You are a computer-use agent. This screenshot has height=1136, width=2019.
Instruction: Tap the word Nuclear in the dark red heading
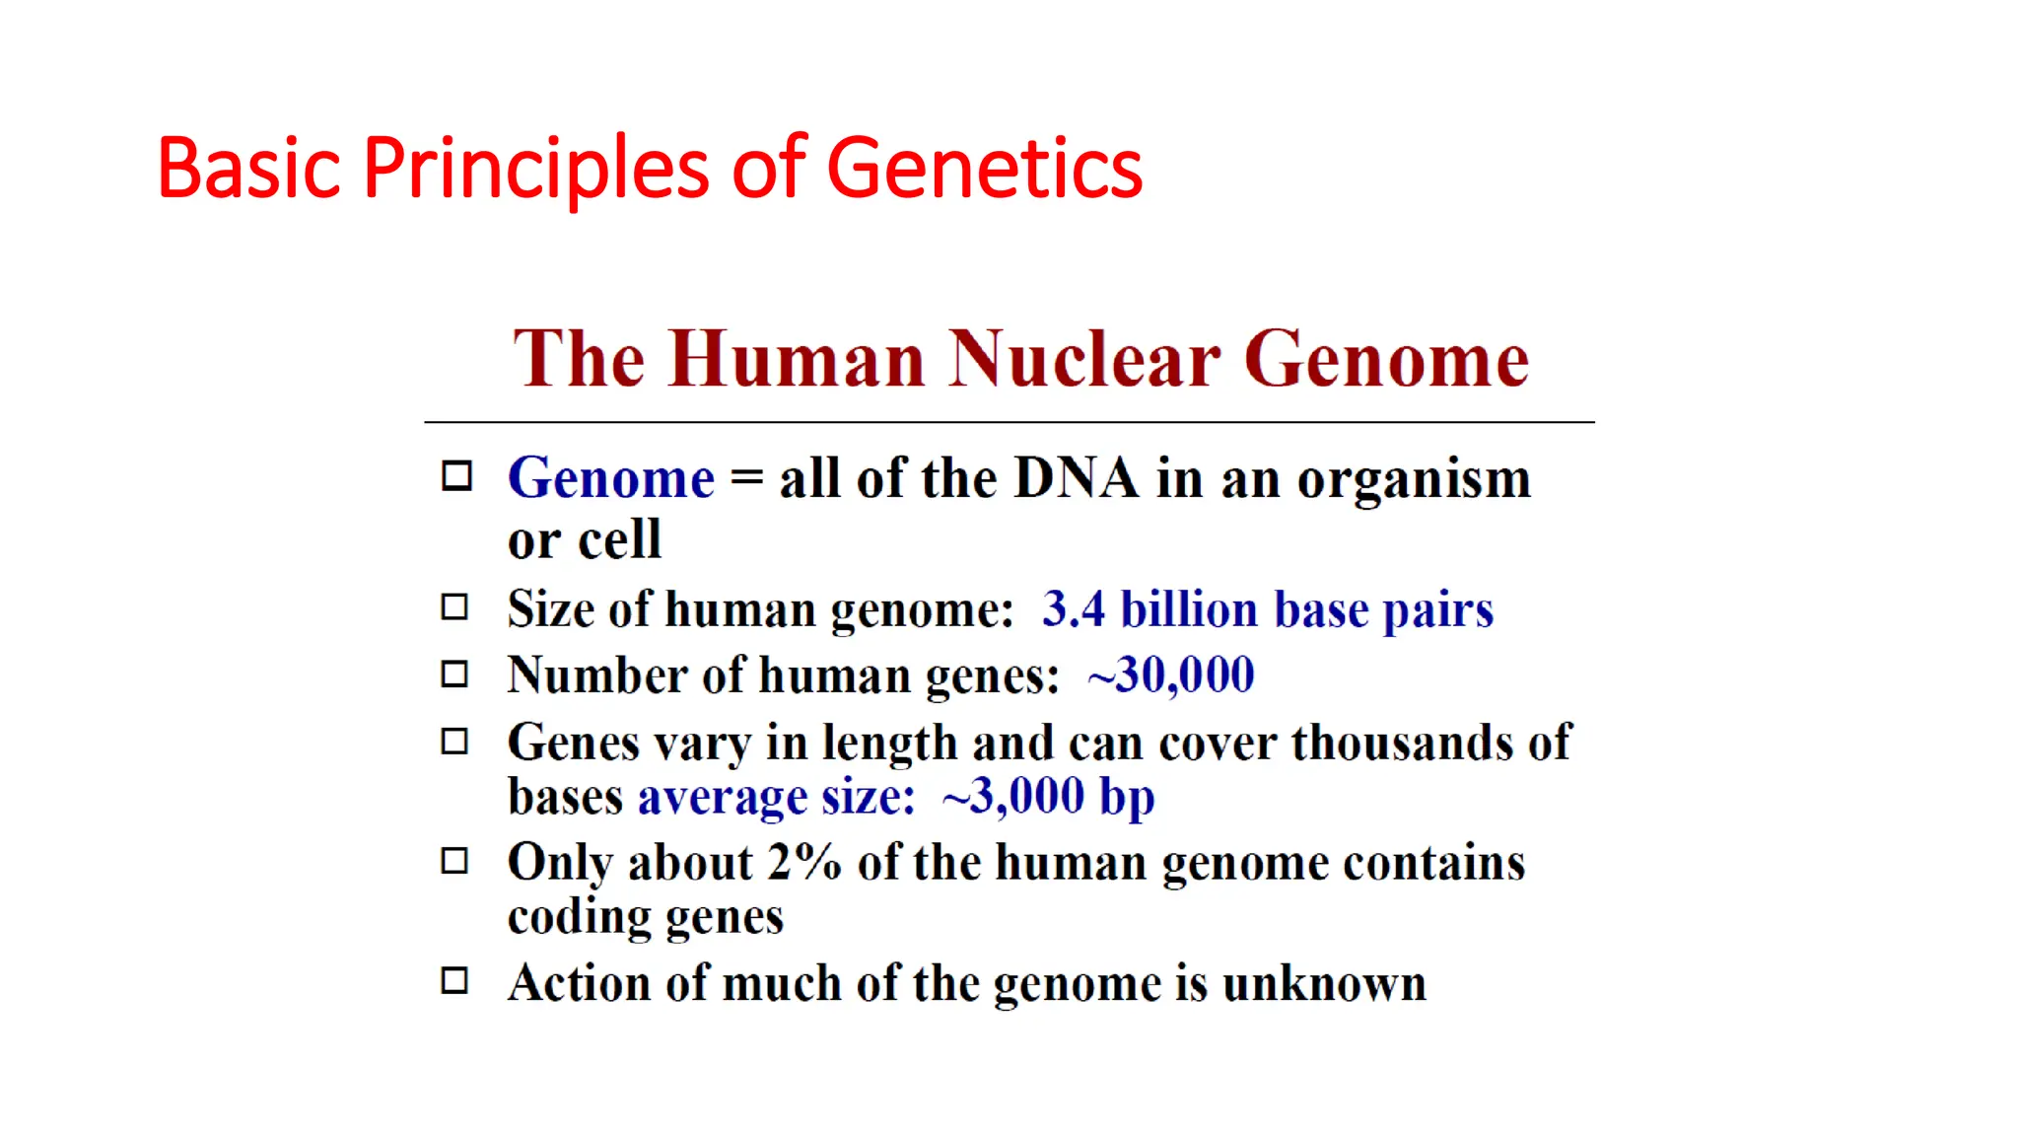click(x=1084, y=359)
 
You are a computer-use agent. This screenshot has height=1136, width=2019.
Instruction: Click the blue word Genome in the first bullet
click(x=610, y=479)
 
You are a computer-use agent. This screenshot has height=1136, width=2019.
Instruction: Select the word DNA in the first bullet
click(x=1076, y=479)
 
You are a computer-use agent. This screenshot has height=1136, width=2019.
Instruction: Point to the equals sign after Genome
click(x=746, y=479)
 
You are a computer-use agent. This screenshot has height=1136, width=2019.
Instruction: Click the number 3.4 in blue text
click(x=1073, y=609)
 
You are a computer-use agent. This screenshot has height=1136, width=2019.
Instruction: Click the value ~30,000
click(x=1170, y=676)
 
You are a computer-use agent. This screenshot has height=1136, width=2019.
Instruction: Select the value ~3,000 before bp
click(x=1012, y=797)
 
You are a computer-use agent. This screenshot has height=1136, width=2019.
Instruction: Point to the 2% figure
click(x=803, y=863)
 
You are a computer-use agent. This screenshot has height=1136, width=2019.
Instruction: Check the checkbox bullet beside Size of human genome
click(x=454, y=607)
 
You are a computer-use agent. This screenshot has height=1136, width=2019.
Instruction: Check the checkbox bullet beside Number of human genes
click(x=454, y=674)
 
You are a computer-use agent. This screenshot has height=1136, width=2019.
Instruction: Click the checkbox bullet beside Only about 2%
click(x=454, y=862)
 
